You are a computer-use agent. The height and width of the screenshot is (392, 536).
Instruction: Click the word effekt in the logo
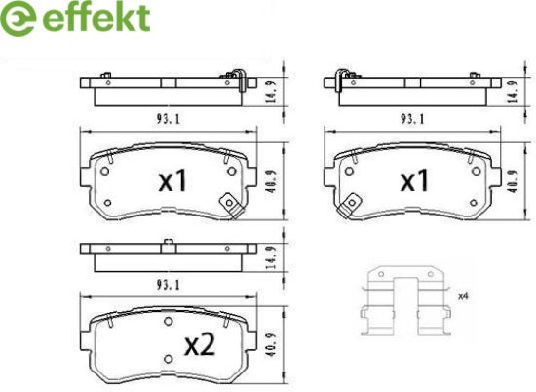click(x=96, y=17)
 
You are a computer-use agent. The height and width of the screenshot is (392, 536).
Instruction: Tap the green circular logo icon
click(x=19, y=19)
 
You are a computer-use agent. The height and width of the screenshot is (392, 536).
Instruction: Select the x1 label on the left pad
click(x=172, y=181)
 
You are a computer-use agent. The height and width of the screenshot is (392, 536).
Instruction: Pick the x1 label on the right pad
click(x=414, y=181)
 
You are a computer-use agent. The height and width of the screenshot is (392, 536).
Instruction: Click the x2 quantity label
click(x=200, y=345)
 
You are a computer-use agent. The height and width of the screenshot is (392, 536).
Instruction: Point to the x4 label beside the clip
click(x=463, y=296)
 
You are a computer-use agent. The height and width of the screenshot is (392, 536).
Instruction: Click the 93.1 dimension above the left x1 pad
click(x=169, y=119)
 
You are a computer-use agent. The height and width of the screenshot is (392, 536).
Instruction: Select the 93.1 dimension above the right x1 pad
click(x=412, y=119)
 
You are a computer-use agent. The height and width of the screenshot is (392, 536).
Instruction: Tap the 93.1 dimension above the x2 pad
click(x=169, y=285)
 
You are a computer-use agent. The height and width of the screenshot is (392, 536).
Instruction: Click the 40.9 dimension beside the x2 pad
click(x=272, y=345)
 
